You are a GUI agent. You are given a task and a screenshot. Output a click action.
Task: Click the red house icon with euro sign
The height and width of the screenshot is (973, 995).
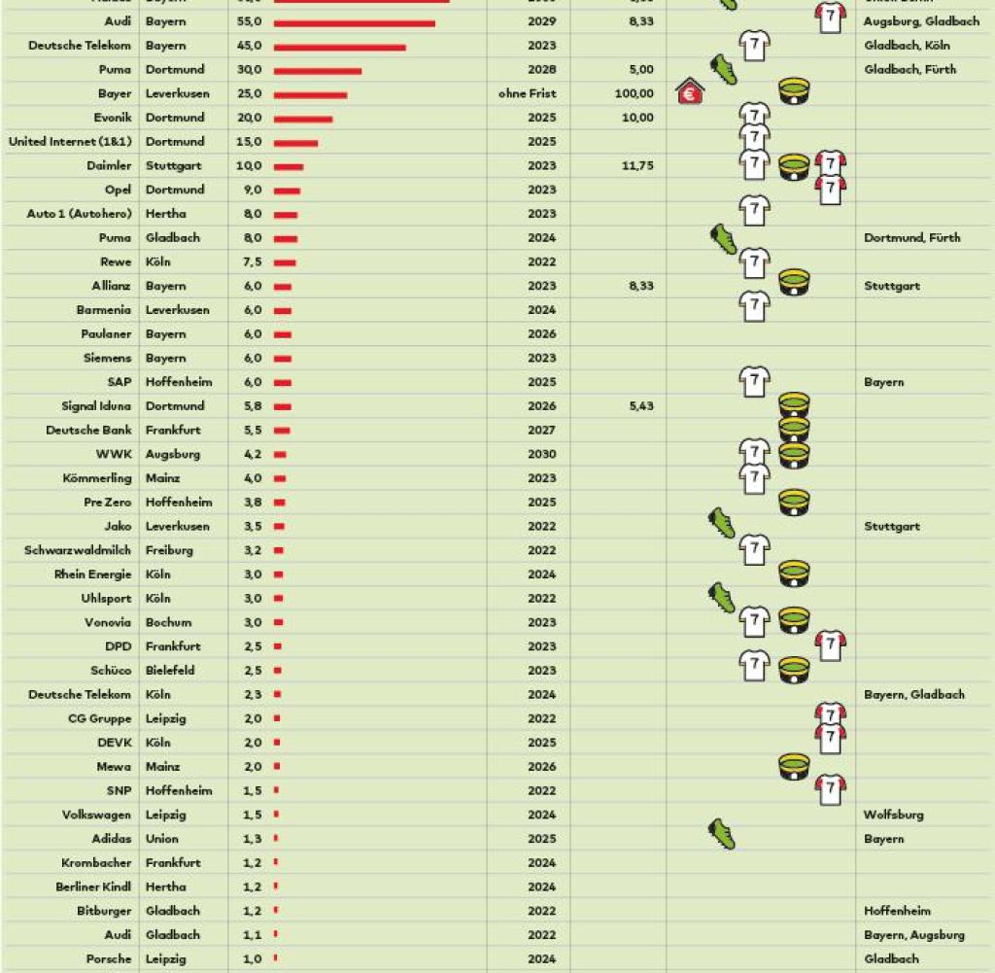pos(690,92)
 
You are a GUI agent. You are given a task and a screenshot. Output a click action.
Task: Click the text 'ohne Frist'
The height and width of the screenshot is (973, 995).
pos(526,93)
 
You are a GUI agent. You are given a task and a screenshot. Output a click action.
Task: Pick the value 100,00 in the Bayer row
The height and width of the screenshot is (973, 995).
pos(635,93)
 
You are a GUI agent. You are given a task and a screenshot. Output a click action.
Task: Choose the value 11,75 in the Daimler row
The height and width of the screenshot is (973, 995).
pos(635,165)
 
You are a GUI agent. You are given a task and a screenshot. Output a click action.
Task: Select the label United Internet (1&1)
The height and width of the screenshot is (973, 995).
pos(69,142)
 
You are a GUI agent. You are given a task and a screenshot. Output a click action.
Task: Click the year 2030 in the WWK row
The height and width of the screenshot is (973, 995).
pos(542,454)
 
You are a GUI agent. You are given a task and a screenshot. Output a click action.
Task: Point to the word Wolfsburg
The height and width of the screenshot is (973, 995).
pos(893,815)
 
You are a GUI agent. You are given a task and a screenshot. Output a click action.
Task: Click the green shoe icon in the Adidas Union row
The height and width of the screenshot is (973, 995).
pos(722,834)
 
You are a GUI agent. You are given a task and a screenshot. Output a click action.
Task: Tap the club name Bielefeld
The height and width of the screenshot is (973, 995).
pos(170,671)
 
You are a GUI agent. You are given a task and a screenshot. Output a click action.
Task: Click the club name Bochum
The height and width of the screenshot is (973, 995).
pos(168,622)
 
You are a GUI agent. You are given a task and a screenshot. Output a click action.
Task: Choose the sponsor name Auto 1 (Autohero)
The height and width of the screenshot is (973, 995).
pos(79,214)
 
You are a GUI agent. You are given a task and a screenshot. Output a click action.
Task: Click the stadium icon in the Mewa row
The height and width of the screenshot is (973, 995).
pos(794,767)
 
